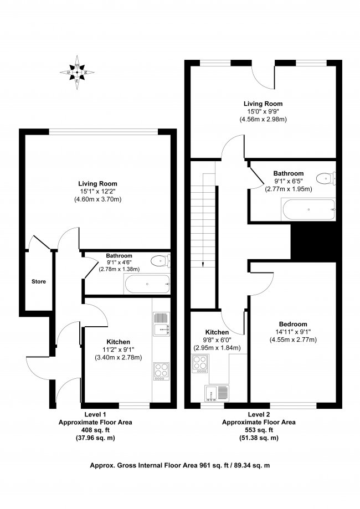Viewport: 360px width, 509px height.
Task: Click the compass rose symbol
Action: [77, 72]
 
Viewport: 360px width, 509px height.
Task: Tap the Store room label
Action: [38, 281]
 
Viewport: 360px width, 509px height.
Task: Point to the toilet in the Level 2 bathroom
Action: [326, 178]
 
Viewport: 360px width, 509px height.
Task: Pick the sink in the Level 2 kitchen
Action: [217, 393]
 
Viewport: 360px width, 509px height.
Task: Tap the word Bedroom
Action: [294, 324]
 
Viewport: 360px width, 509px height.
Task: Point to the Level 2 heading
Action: [259, 414]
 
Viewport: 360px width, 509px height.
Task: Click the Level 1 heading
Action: [95, 414]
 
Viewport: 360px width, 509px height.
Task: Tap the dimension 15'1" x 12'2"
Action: [97, 192]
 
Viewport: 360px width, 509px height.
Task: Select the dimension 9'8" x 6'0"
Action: [216, 340]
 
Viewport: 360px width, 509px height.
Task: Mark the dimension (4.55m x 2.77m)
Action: [294, 340]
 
